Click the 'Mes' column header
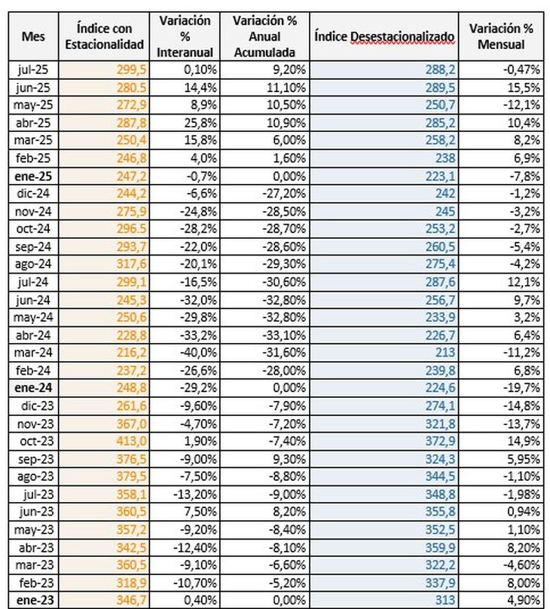point(33,36)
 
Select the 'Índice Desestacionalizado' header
point(384,36)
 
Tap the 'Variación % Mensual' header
point(501,36)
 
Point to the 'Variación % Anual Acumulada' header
point(264,36)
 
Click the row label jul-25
point(33,69)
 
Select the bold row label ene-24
point(33,387)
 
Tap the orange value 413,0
point(132,441)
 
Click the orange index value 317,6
point(132,264)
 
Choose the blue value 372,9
point(440,441)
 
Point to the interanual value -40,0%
point(198,353)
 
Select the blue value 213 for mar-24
point(445,353)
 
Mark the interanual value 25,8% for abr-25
point(200,123)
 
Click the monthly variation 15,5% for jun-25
point(524,87)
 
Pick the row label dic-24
point(34,193)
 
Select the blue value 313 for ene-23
point(445,600)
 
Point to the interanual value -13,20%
point(195,494)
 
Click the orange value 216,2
point(132,353)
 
